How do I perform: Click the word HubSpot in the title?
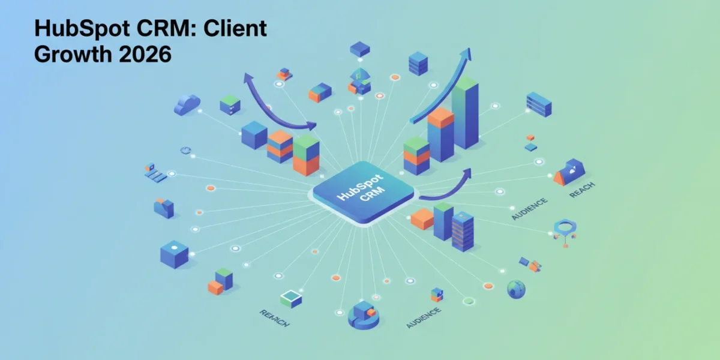82,28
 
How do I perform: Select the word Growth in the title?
73,54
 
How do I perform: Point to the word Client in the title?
235,28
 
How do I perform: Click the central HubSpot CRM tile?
364,192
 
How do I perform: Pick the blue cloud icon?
187,104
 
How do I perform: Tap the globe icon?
516,289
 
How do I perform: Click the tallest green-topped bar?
465,113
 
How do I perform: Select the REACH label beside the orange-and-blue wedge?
582,190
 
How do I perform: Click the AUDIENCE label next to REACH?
529,209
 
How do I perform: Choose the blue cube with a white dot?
174,254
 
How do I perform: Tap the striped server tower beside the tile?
463,232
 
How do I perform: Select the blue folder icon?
164,208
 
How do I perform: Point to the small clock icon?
185,150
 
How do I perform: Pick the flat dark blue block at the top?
359,49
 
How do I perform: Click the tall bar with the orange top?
440,134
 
